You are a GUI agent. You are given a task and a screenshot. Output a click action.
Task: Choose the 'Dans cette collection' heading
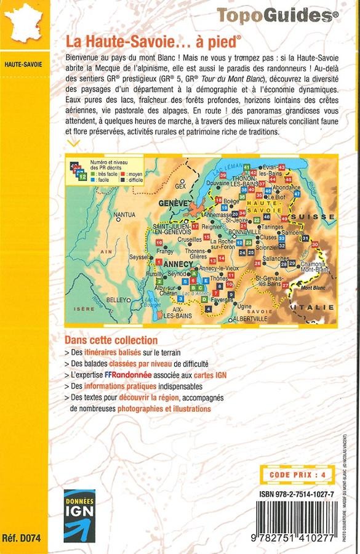(x=111, y=340)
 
